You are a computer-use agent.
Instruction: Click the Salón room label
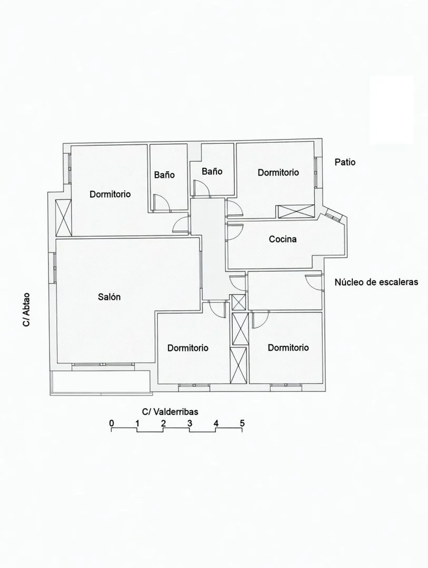109,297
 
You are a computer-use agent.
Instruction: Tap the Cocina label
283,239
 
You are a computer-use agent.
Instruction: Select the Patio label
345,162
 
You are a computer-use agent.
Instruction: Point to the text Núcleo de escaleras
376,282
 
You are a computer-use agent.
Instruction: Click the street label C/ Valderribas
170,412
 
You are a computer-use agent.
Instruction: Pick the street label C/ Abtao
26,310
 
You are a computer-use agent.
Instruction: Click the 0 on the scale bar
112,423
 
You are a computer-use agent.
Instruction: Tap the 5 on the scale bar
242,423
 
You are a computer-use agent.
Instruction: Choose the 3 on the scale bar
190,423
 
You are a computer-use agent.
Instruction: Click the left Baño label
164,175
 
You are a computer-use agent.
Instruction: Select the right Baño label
212,171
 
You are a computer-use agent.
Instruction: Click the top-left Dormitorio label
110,194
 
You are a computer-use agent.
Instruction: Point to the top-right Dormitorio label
278,173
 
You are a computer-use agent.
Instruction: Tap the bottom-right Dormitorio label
288,348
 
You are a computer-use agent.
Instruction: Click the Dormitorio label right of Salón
188,348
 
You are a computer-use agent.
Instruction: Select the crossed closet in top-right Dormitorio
296,212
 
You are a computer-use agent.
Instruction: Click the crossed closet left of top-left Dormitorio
63,217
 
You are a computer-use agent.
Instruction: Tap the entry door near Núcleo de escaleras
313,281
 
